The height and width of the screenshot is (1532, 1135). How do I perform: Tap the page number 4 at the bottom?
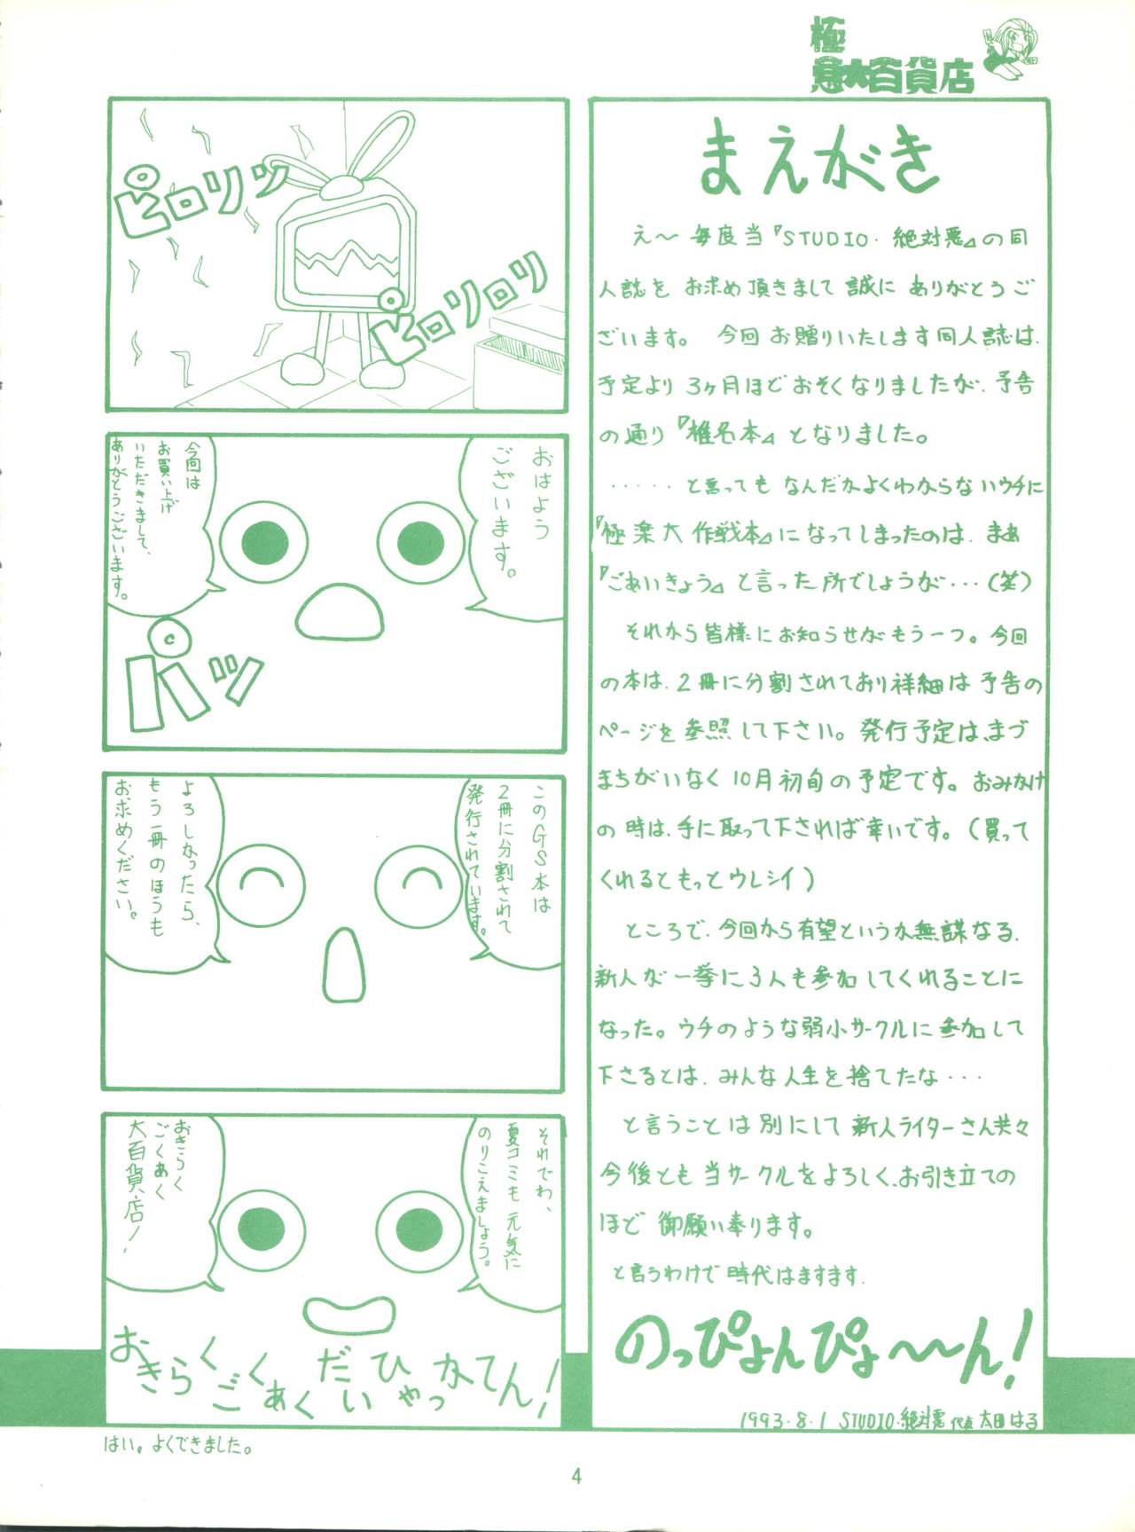576,1476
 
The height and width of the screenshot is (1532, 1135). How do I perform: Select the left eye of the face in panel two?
265,542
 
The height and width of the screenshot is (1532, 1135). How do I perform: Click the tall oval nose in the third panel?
342,966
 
